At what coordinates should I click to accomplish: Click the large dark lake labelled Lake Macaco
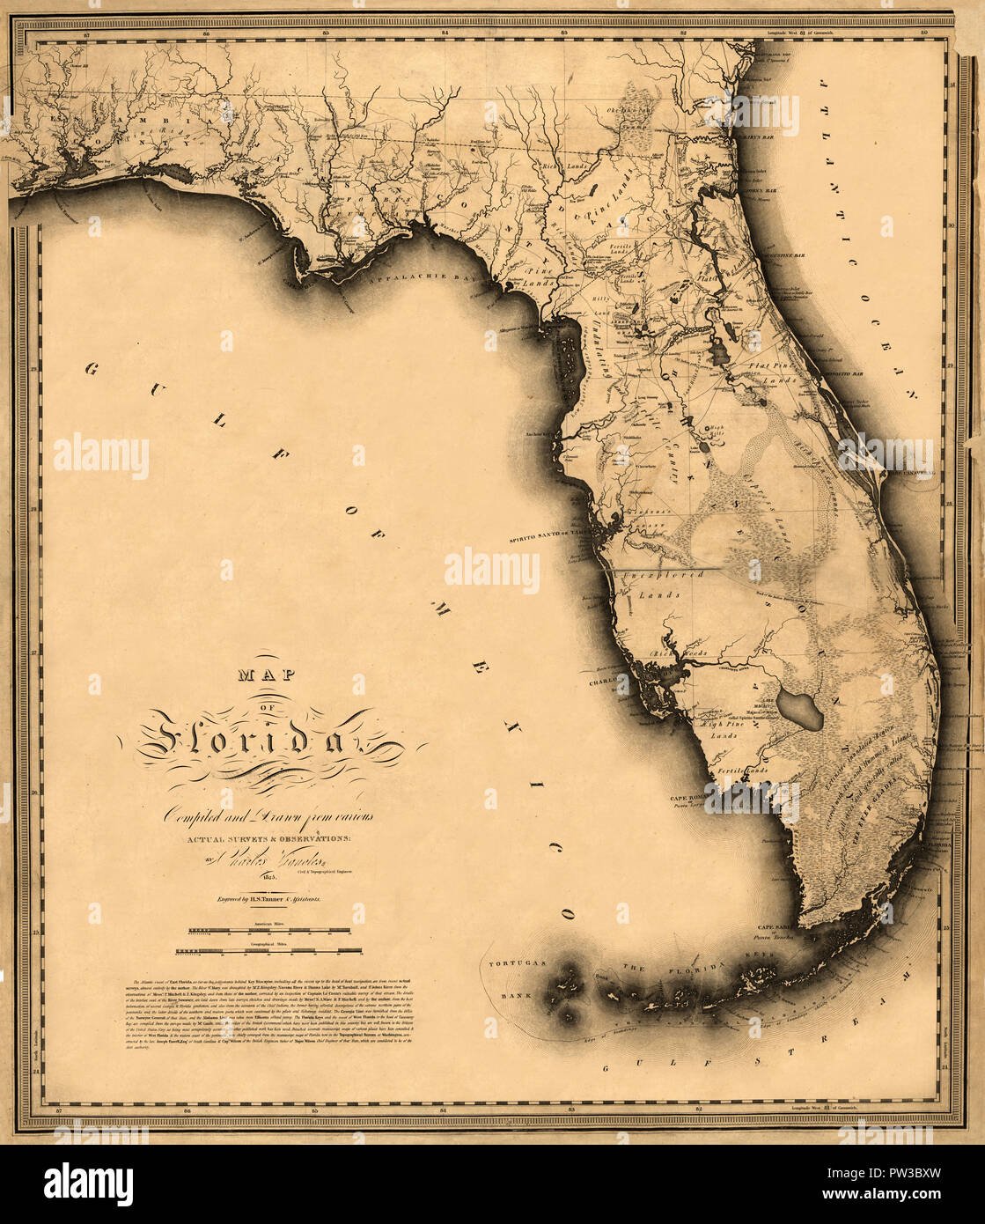point(805,709)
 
